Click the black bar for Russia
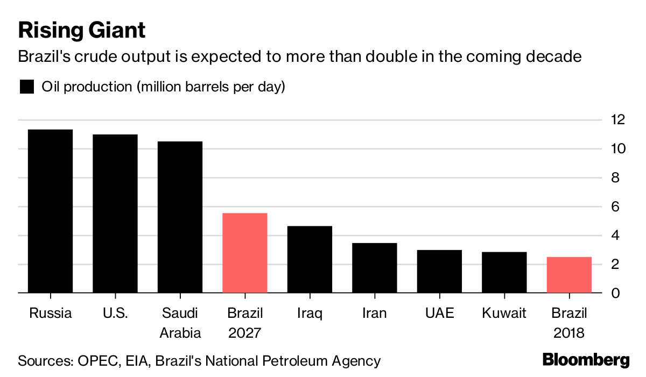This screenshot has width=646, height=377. coord(50,211)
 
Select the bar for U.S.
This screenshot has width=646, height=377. coord(115,214)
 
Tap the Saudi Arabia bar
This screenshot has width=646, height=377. coord(180,217)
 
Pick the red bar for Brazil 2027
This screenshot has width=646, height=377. coord(244,253)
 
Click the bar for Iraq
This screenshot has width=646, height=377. coord(310,259)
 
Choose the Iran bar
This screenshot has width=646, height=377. coord(374,268)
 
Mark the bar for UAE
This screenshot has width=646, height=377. coord(439,272)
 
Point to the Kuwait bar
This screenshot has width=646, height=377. coord(504,272)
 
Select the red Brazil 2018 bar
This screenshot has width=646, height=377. coord(569,275)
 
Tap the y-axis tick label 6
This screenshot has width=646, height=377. coord(615,207)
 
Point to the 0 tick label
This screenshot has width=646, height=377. coord(615,294)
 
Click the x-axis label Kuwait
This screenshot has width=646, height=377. coord(504,313)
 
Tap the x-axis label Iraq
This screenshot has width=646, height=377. coord(310,313)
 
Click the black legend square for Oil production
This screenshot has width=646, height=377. coord(26,87)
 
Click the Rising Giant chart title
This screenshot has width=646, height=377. coord(82,30)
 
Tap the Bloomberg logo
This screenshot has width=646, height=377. coord(586,360)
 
